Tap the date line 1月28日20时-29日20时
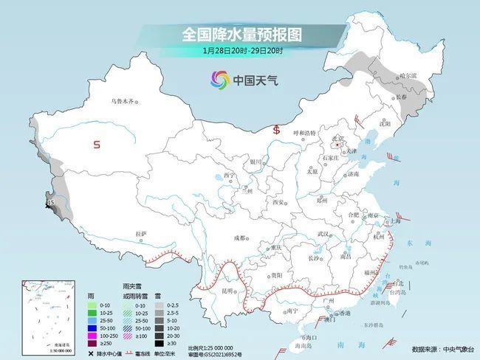click(242, 50)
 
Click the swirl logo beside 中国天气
click(219, 79)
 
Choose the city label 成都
click(241, 238)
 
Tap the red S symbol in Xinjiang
click(97, 145)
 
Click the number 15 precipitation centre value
click(50, 202)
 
